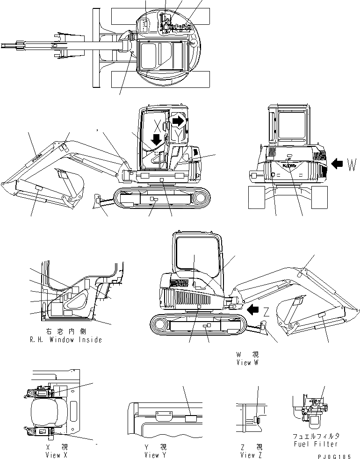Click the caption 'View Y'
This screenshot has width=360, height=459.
pos(158,455)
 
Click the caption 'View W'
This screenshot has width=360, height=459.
pos(247,363)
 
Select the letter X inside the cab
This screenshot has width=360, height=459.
pos(158,125)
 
